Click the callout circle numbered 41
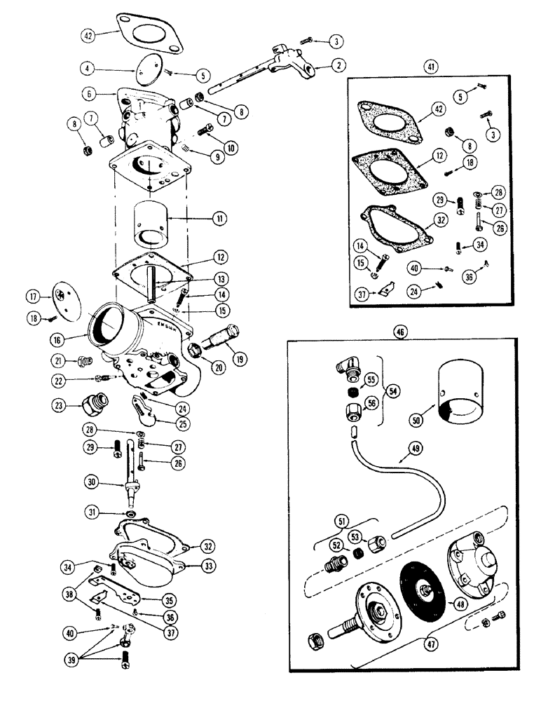click(x=430, y=67)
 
